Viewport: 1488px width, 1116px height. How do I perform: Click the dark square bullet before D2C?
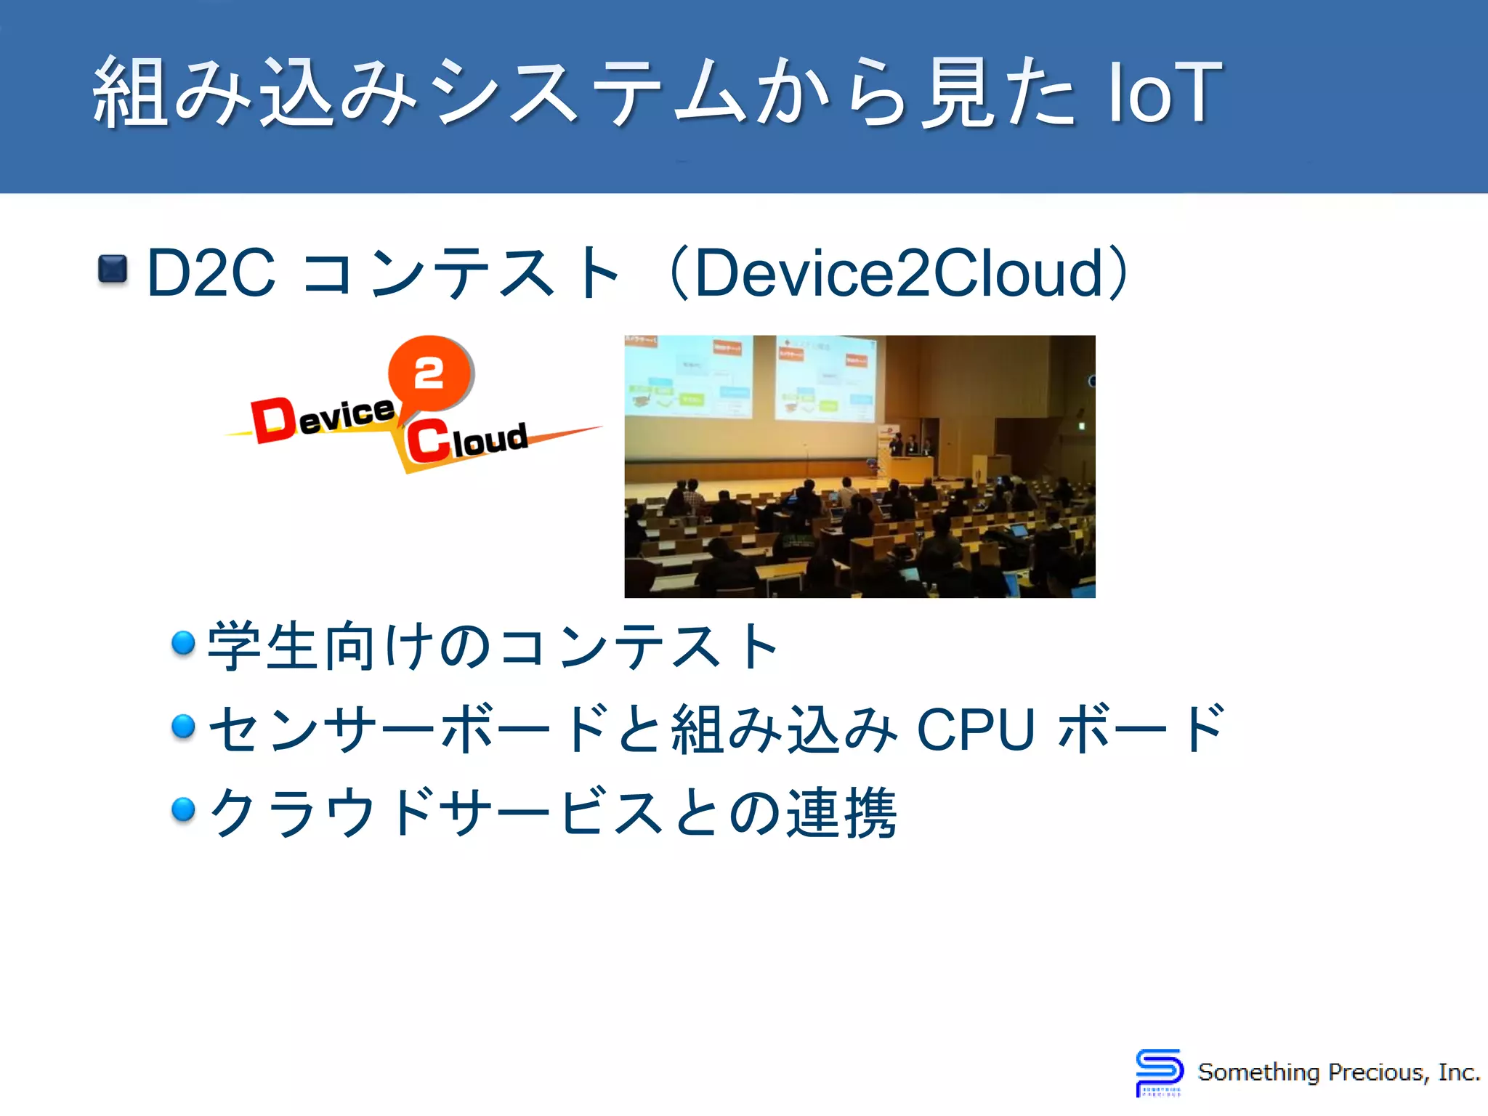click(x=113, y=269)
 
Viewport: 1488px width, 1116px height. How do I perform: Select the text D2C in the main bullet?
click(x=211, y=273)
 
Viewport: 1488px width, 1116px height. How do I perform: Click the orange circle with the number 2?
click(x=429, y=373)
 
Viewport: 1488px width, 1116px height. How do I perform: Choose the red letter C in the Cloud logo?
click(x=428, y=440)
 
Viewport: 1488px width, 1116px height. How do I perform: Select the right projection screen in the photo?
click(x=825, y=378)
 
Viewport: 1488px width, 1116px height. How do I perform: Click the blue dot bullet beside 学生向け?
click(x=183, y=643)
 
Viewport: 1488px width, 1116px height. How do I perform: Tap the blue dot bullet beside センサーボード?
click(x=183, y=726)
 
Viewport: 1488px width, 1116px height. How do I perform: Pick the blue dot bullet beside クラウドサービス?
click(x=183, y=809)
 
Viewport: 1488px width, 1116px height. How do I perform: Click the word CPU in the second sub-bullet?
click(x=975, y=729)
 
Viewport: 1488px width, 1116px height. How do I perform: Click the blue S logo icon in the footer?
click(x=1159, y=1071)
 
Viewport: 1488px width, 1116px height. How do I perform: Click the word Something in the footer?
click(x=1258, y=1072)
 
